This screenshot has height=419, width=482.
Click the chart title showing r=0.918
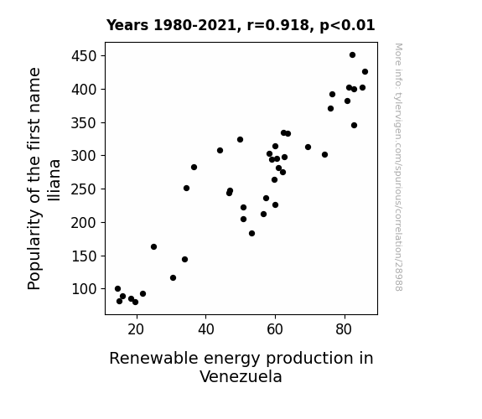[x=241, y=25]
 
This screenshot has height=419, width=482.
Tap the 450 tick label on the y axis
[x=84, y=56]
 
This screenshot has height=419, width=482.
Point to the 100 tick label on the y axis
[x=84, y=289]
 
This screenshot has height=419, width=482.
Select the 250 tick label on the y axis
[x=84, y=189]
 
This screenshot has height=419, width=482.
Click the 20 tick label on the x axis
[x=136, y=329]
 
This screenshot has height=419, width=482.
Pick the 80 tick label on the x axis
[x=344, y=329]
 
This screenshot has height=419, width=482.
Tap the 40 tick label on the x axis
[x=205, y=329]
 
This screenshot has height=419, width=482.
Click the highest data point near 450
[x=353, y=55]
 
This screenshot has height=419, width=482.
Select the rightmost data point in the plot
[x=365, y=71]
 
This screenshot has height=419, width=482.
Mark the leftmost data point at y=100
[x=117, y=288]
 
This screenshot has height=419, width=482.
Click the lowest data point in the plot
[x=135, y=303]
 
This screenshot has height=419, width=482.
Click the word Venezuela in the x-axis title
[x=241, y=376]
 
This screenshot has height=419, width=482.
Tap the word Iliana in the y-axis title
[x=54, y=180]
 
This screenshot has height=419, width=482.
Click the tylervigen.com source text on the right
[x=399, y=167]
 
